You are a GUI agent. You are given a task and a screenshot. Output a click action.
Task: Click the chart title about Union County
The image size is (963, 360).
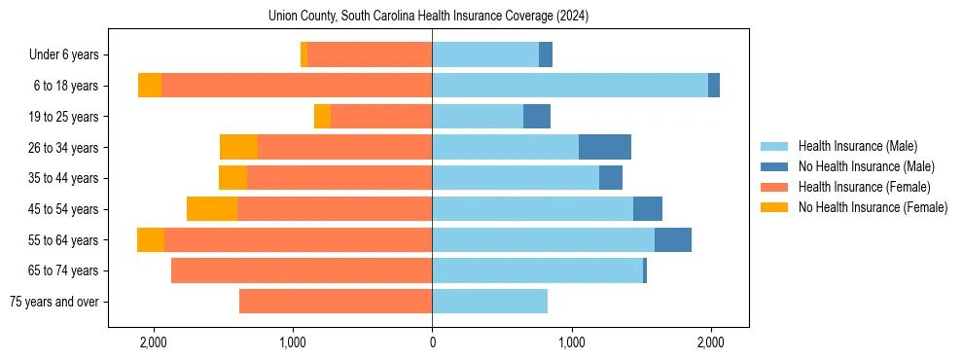pyautogui.click(x=428, y=17)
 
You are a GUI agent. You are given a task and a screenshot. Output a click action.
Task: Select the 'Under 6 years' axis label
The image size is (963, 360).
pyautogui.click(x=69, y=55)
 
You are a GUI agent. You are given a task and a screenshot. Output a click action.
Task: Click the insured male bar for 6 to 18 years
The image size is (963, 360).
pyautogui.click(x=570, y=86)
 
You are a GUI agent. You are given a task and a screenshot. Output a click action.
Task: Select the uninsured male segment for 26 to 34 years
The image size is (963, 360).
pyautogui.click(x=605, y=147)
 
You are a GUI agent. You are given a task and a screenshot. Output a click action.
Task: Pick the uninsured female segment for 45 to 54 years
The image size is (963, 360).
pyautogui.click(x=212, y=209)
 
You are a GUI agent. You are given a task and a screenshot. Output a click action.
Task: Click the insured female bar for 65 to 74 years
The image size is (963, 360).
pyautogui.click(x=302, y=270)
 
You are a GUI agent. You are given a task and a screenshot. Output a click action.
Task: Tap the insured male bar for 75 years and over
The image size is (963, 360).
pyautogui.click(x=489, y=302)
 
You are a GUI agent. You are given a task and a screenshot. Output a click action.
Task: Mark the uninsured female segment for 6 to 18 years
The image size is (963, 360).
pyautogui.click(x=150, y=86)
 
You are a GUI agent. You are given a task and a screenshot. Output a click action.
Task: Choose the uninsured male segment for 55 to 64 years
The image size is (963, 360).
pyautogui.click(x=673, y=240)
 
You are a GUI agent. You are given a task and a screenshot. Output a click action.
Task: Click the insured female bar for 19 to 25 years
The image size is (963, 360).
pyautogui.click(x=381, y=117)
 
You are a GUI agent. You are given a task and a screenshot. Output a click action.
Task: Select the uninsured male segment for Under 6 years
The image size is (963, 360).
pyautogui.click(x=546, y=55)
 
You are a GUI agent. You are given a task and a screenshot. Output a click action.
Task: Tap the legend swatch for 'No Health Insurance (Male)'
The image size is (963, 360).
pyautogui.click(x=775, y=167)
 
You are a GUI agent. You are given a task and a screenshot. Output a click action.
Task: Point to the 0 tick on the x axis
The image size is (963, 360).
pyautogui.click(x=432, y=342)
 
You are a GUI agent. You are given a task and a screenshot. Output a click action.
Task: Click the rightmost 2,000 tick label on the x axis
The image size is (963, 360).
pyautogui.click(x=710, y=342)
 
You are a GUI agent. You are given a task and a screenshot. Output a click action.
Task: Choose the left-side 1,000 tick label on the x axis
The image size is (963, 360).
pyautogui.click(x=293, y=342)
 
